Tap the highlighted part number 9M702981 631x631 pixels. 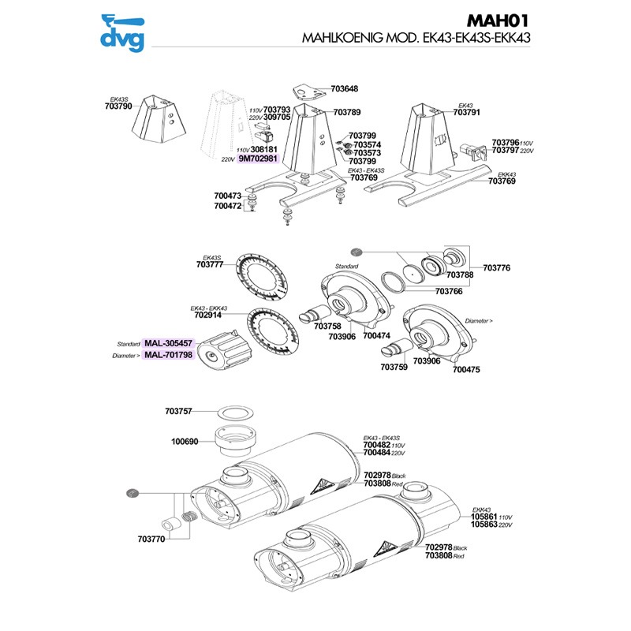point(258,159)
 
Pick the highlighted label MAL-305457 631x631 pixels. point(168,344)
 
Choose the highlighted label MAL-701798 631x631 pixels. point(168,356)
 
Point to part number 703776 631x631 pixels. point(496,268)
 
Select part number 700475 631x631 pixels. point(463,368)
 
